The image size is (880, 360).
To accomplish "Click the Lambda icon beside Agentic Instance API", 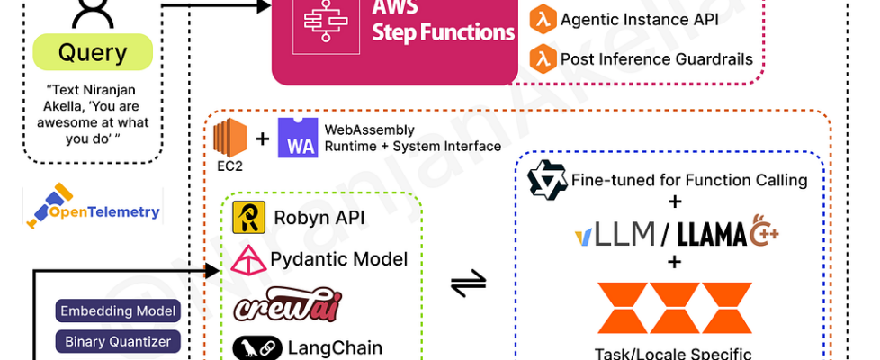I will click(x=541, y=19).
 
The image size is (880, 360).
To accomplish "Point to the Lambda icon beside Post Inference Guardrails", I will click(x=541, y=59).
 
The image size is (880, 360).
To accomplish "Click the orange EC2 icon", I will click(x=229, y=137).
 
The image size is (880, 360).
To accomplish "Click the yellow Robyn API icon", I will click(x=247, y=217).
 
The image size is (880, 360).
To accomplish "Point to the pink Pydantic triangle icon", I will click(x=247, y=260).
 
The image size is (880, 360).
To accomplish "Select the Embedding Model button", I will click(x=119, y=312).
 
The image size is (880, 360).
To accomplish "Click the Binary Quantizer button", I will click(x=119, y=342).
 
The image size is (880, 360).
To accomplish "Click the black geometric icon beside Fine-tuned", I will click(x=546, y=180).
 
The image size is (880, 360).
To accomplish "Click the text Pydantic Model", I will click(x=338, y=260).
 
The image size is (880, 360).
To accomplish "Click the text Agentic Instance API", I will click(x=639, y=19).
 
